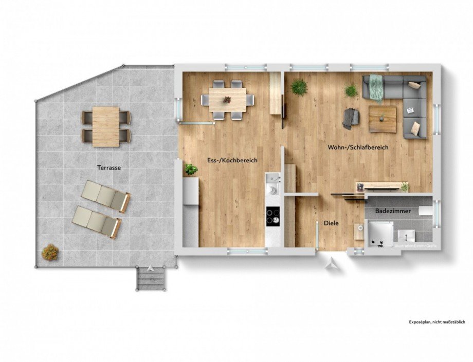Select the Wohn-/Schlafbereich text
pyautogui.click(x=357, y=147)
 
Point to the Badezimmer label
pyautogui.click(x=389, y=211)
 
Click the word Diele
pyautogui.click(x=331, y=223)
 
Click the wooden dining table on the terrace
pyautogui.click(x=106, y=126)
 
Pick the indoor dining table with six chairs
pyautogui.click(x=227, y=99)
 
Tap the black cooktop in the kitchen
pyautogui.click(x=272, y=216)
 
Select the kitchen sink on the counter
pyautogui.click(x=274, y=179)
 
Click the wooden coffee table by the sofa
pyautogui.click(x=383, y=119)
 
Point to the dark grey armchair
pyautogui.click(x=351, y=118)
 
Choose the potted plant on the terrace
pyautogui.click(x=50, y=252)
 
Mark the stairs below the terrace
pyautogui.click(x=151, y=280)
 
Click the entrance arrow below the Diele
pyautogui.click(x=332, y=263)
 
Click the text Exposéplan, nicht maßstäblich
pyautogui.click(x=436, y=321)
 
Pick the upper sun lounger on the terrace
pyautogui.click(x=106, y=195)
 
